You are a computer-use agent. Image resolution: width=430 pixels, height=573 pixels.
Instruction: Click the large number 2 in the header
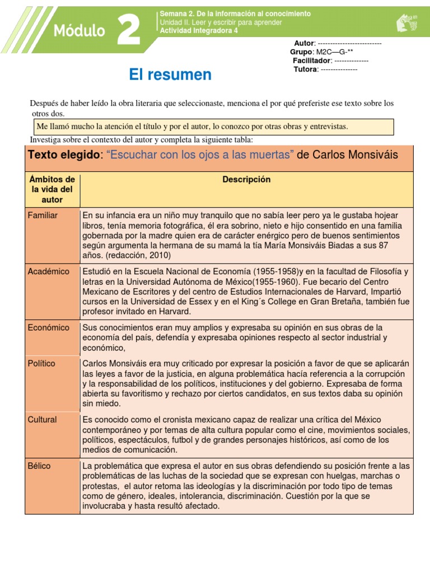coord(129,29)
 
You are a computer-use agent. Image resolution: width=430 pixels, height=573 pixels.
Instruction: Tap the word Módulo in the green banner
coord(79,31)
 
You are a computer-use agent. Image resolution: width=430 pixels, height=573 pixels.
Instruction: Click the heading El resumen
coord(170,74)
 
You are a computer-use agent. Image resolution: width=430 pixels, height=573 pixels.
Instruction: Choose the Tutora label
coord(305,69)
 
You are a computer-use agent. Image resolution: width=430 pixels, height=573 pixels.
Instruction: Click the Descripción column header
coord(246,180)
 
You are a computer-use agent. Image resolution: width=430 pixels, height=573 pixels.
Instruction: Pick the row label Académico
coord(48,271)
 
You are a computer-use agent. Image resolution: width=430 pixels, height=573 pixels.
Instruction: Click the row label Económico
coord(48,327)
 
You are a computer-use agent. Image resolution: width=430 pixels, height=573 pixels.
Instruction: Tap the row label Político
coord(41,363)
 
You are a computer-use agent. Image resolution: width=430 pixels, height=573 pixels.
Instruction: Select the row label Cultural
coord(42,419)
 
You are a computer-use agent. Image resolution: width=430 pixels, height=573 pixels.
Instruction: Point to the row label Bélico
coord(39,465)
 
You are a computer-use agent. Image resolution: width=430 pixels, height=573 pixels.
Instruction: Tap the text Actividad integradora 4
coord(199,31)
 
